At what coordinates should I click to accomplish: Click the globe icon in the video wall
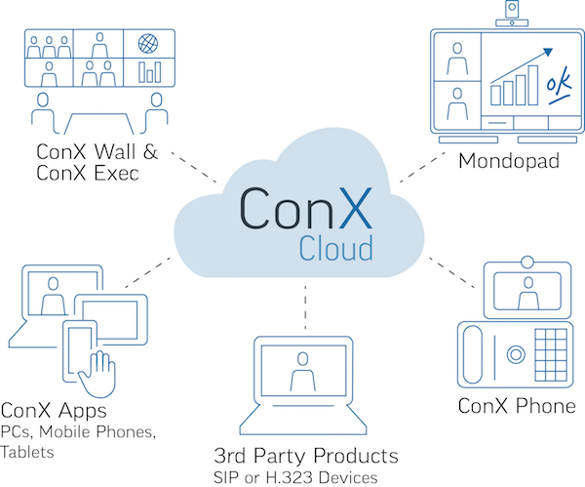[x=148, y=44]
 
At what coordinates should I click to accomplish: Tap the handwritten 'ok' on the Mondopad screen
[x=559, y=85]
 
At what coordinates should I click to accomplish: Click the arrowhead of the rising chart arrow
[x=548, y=52]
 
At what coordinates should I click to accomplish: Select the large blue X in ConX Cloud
[x=356, y=208]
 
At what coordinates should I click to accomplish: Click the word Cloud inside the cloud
[x=335, y=248]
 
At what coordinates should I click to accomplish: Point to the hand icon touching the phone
[x=97, y=374]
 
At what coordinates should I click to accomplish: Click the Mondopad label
[x=509, y=161]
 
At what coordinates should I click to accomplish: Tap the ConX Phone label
[x=517, y=406]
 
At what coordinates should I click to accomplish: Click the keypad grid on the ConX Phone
[x=551, y=354]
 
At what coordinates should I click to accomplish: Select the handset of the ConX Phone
[x=472, y=354]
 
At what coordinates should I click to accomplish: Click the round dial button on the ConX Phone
[x=516, y=354]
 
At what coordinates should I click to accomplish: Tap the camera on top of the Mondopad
[x=512, y=13]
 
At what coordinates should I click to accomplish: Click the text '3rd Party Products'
[x=306, y=456]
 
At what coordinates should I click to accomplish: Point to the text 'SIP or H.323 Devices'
[x=295, y=477]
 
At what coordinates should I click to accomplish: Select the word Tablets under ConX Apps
[x=27, y=452]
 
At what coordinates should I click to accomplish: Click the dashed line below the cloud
[x=305, y=307]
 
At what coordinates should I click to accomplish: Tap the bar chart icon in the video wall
[x=149, y=72]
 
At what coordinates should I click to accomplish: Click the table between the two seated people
[x=98, y=123]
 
